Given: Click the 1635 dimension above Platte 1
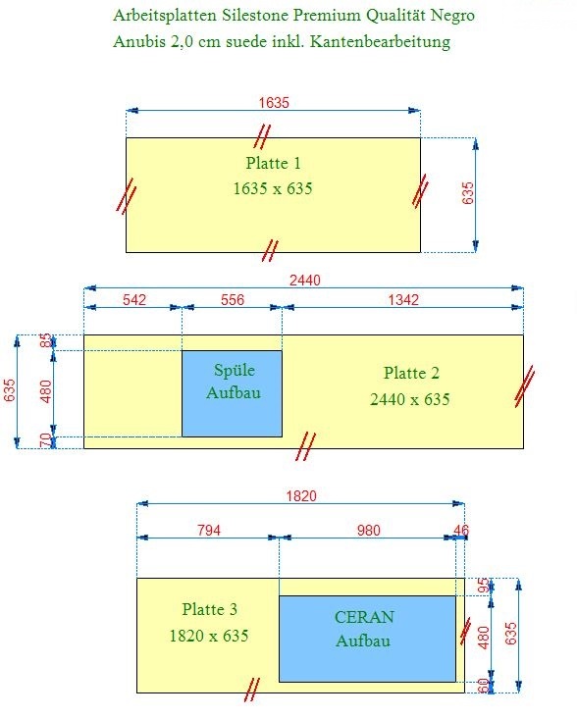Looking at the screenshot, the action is pyautogui.click(x=274, y=102).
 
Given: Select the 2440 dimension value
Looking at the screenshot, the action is pyautogui.click(x=305, y=280).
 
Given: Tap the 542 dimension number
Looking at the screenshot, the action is pyautogui.click(x=134, y=300).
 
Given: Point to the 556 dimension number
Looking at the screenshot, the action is pyautogui.click(x=233, y=300).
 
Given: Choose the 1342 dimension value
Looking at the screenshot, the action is pyautogui.click(x=403, y=300).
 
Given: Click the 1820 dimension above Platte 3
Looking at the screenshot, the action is pyautogui.click(x=301, y=496).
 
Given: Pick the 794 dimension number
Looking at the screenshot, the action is pyautogui.click(x=209, y=531).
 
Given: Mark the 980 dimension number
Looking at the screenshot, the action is pyautogui.click(x=369, y=531).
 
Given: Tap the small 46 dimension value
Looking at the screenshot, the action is pyautogui.click(x=461, y=531).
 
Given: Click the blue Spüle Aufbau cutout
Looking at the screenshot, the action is pyautogui.click(x=233, y=393).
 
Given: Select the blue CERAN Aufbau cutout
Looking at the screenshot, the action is pyautogui.click(x=367, y=639).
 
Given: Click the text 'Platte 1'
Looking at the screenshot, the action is pyautogui.click(x=274, y=163).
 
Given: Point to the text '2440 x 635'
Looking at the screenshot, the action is pyautogui.click(x=410, y=399).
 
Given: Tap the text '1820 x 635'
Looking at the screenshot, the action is pyautogui.click(x=209, y=636).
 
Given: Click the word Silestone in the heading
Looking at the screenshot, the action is pyautogui.click(x=255, y=15).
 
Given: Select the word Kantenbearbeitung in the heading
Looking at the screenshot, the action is pyautogui.click(x=380, y=41).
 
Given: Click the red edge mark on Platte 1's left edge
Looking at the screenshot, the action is pyautogui.click(x=126, y=196).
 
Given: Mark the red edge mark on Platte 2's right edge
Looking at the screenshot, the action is pyautogui.click(x=524, y=386).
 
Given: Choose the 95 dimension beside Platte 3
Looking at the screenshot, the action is pyautogui.click(x=484, y=586).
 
